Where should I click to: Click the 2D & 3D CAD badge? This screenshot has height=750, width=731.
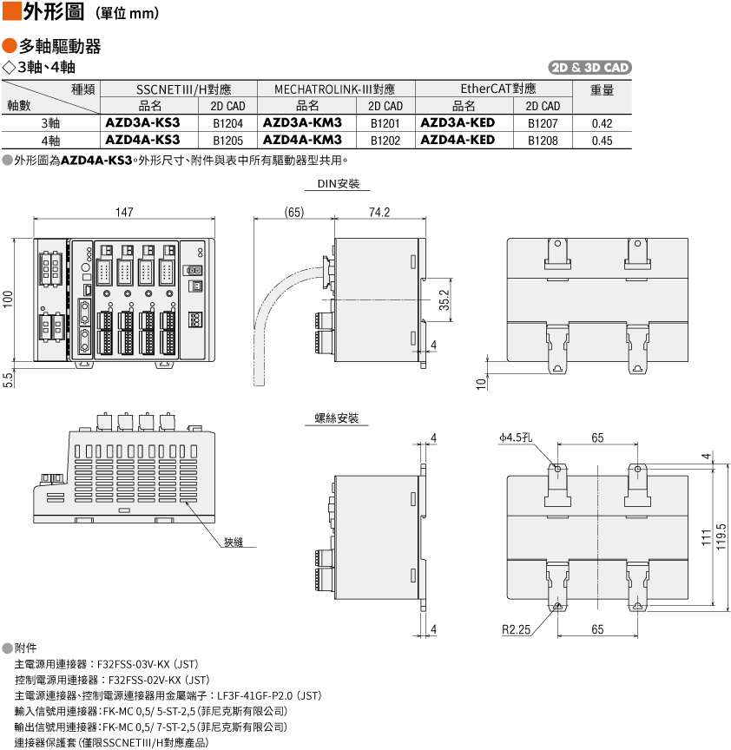point(589,68)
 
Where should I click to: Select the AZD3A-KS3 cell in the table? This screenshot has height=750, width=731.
point(142,123)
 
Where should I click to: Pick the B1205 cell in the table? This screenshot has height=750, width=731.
point(227,141)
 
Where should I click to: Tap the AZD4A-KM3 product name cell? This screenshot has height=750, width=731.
point(302,140)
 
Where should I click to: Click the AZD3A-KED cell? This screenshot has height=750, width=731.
point(458,123)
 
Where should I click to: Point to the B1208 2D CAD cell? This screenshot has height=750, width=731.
point(543,141)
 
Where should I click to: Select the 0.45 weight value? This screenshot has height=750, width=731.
point(602,141)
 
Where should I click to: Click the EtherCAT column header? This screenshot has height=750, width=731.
point(498,89)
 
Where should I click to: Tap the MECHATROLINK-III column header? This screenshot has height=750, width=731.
point(334,89)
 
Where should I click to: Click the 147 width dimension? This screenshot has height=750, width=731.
point(124,212)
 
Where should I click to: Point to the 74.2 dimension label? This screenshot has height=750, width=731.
point(379,212)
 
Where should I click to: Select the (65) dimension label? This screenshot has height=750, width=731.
point(293,212)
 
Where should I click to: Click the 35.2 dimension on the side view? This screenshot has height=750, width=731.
point(445,299)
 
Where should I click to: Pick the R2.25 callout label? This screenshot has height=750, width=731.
point(516,629)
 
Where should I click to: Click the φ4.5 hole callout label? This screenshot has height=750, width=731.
point(515,437)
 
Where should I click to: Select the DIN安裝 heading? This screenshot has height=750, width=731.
point(339,184)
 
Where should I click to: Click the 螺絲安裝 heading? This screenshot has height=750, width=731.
point(337,418)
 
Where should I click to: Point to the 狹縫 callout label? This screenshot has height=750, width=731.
point(234,542)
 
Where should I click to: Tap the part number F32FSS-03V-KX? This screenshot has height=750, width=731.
point(134,664)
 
